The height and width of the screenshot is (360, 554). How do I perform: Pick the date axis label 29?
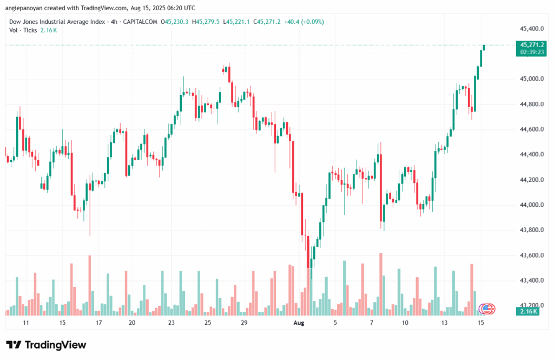[244, 323]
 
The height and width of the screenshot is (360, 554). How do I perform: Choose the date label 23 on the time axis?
[172, 323]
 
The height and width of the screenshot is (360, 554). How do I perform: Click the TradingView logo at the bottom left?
[46, 345]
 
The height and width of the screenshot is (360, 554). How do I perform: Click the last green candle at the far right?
[484, 48]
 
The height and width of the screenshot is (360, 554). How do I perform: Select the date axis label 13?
[445, 323]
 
